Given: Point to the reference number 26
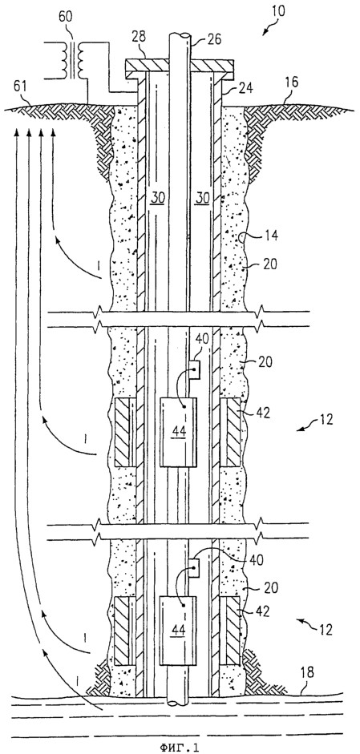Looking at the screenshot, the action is click(215, 39).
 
